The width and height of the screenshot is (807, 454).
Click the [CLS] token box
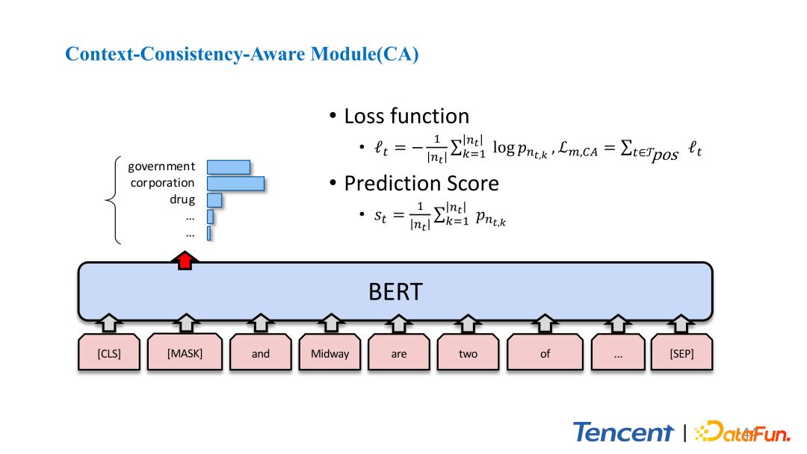[109, 353]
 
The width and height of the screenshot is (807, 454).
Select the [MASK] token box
[185, 353]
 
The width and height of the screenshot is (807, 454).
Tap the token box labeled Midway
[330, 353]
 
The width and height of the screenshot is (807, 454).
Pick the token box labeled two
[468, 353]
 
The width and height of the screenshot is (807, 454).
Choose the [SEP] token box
[682, 353]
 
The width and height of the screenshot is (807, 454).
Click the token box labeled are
[399, 353]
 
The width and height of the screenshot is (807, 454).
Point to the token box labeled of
[545, 353]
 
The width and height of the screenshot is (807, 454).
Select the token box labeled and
[261, 353]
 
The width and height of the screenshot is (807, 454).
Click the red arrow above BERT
[185, 260]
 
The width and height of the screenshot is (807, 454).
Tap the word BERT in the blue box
[395, 292]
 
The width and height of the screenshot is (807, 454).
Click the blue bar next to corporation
[235, 183]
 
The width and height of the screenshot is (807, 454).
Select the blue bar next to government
[228, 167]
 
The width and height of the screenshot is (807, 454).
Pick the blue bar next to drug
[214, 200]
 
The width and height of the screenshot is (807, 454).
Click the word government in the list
[161, 167]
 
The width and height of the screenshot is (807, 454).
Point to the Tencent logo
[623, 432]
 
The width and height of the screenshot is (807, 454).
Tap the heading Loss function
[406, 116]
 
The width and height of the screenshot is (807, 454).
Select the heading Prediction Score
[421, 183]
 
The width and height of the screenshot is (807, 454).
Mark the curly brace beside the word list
[114, 200]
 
